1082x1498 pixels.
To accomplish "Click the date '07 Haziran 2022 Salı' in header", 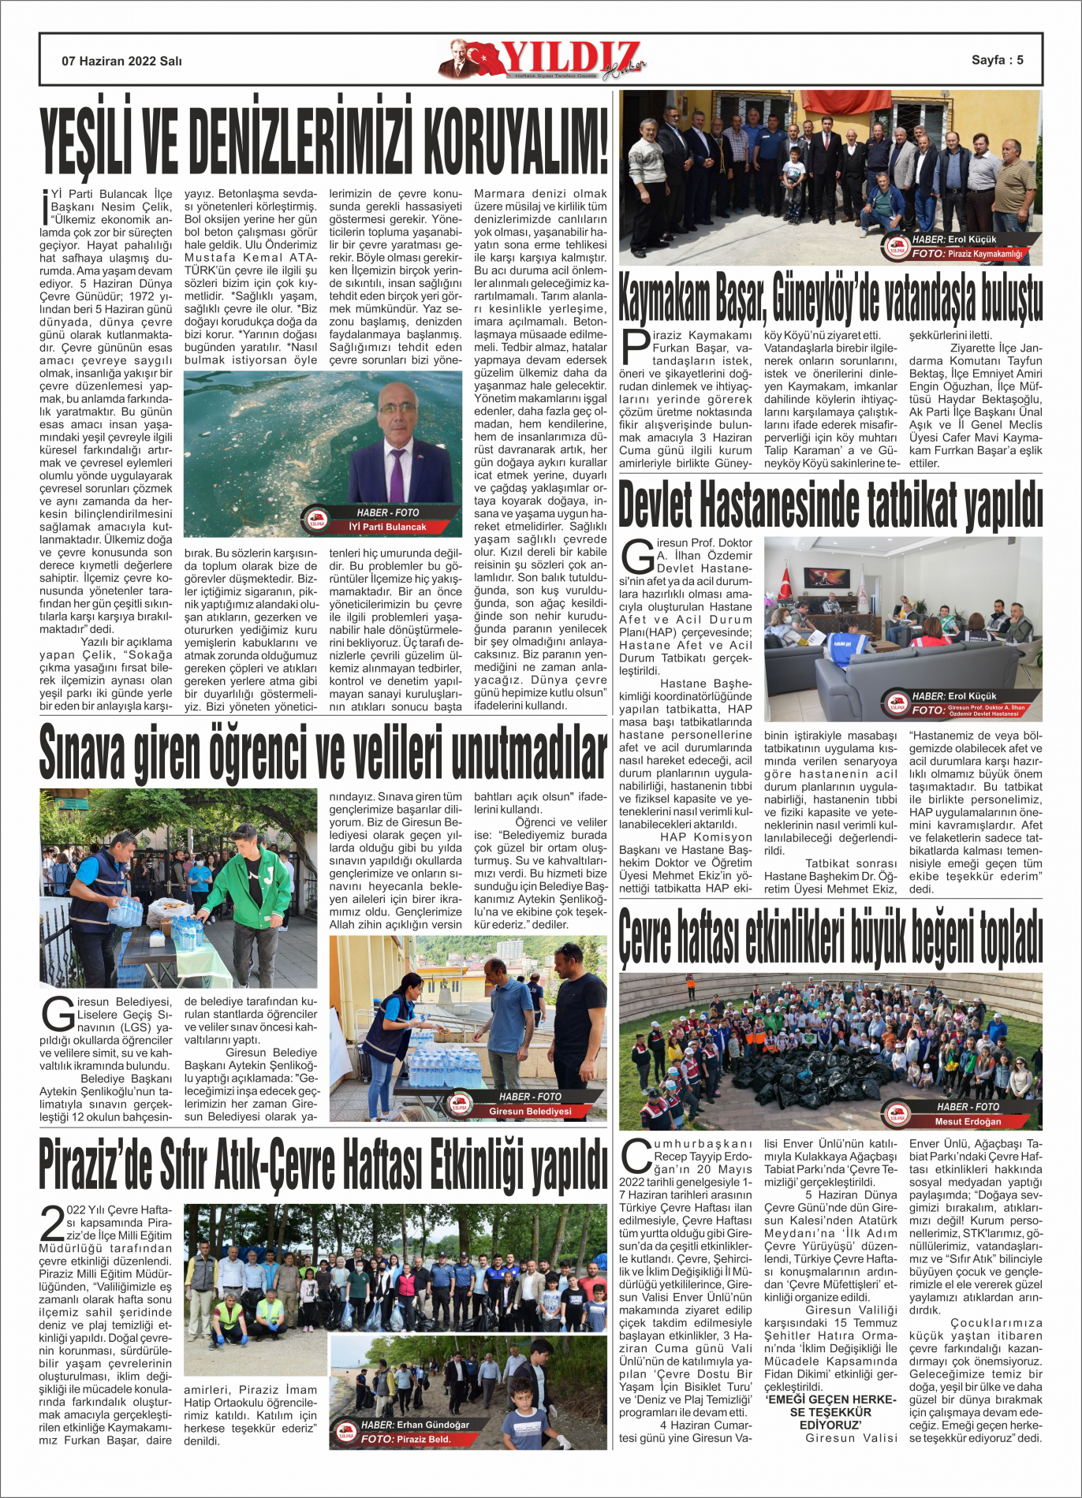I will point(121,61).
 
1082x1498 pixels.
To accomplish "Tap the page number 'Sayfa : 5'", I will point(997,60).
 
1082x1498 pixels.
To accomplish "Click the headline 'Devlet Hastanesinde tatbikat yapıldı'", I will point(830,505).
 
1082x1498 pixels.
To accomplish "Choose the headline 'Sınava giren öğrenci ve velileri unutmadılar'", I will point(323,753).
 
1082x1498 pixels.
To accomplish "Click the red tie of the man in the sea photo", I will point(397,473).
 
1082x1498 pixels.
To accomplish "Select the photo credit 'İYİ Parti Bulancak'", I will point(387,527).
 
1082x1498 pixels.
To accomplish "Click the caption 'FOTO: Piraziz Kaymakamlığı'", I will point(967,254).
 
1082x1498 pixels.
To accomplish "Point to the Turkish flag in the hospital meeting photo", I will point(785,584).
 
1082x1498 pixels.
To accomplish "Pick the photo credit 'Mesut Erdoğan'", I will point(968,1121).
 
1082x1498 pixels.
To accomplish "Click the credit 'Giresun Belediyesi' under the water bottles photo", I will point(530,1111).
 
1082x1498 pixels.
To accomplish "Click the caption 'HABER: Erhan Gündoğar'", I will point(415,1425).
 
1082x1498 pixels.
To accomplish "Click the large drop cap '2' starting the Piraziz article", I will point(52,1224).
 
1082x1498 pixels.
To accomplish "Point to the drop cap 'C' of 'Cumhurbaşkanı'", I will point(635,1157).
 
